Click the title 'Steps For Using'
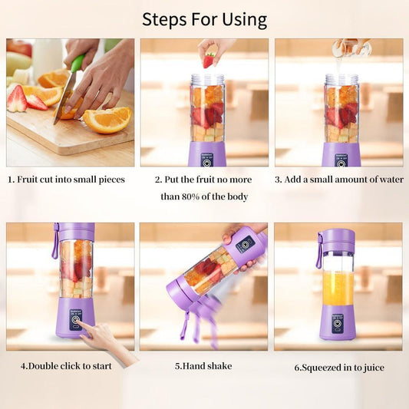coord(204,18)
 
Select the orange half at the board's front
coord(107,119)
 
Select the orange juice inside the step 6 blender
coord(338,287)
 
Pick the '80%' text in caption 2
coord(195,196)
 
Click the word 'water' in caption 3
coord(387,180)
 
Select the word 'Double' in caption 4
coord(45,365)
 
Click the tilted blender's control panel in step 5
coord(246,244)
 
